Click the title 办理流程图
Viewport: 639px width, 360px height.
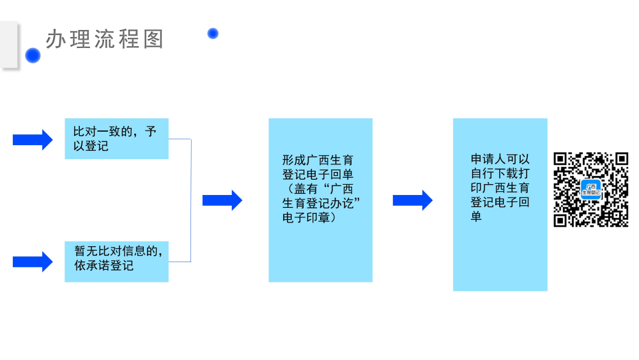(x=105, y=39)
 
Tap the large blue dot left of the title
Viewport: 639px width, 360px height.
(x=33, y=56)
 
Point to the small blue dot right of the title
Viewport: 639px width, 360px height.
(x=213, y=33)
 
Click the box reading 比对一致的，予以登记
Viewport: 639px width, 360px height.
(x=116, y=139)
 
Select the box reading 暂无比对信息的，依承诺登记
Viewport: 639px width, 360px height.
(x=116, y=261)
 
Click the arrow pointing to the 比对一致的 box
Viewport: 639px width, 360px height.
(x=33, y=139)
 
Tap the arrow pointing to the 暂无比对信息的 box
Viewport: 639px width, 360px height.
(x=33, y=262)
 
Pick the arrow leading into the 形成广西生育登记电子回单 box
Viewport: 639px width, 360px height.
(x=222, y=200)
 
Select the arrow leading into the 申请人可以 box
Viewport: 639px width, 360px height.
(x=412, y=200)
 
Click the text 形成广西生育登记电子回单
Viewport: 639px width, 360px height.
(x=318, y=166)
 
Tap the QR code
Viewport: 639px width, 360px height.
(x=591, y=189)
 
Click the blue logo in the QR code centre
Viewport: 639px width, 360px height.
(x=591, y=189)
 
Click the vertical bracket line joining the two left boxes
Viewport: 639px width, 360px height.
(x=191, y=200)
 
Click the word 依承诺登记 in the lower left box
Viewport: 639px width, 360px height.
(x=104, y=266)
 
